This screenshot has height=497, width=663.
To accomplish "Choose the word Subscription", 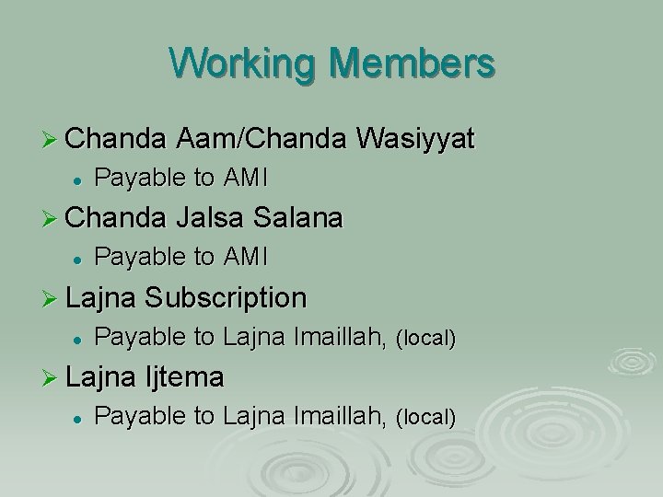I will tap(226, 297).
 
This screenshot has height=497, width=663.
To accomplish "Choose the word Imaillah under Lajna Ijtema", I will tap(341, 416).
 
